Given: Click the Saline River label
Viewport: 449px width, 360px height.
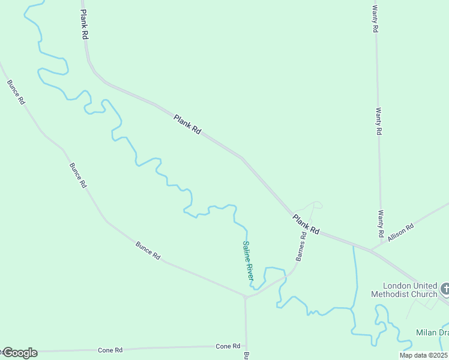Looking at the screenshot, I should (x=249, y=260).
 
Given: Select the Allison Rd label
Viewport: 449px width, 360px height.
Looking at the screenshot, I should (x=401, y=233).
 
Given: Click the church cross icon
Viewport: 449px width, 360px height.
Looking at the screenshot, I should (x=445, y=289).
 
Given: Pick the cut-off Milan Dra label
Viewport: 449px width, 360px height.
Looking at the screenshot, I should (x=432, y=332).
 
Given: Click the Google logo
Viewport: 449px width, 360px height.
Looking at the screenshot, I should (x=20, y=353).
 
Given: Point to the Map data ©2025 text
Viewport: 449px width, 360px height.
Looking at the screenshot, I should (x=424, y=355).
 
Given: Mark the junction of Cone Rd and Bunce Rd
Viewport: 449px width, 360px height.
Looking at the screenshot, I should (x=246, y=346).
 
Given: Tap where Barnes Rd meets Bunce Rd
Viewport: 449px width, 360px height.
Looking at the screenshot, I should (x=245, y=296).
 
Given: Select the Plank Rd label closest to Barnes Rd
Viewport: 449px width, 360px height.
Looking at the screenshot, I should (x=306, y=224).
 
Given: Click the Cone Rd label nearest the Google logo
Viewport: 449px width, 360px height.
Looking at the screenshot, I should (x=110, y=349).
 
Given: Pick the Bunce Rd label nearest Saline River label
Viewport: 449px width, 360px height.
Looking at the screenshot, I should (x=148, y=250).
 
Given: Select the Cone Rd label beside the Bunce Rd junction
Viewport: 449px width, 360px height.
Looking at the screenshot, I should (x=228, y=346).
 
